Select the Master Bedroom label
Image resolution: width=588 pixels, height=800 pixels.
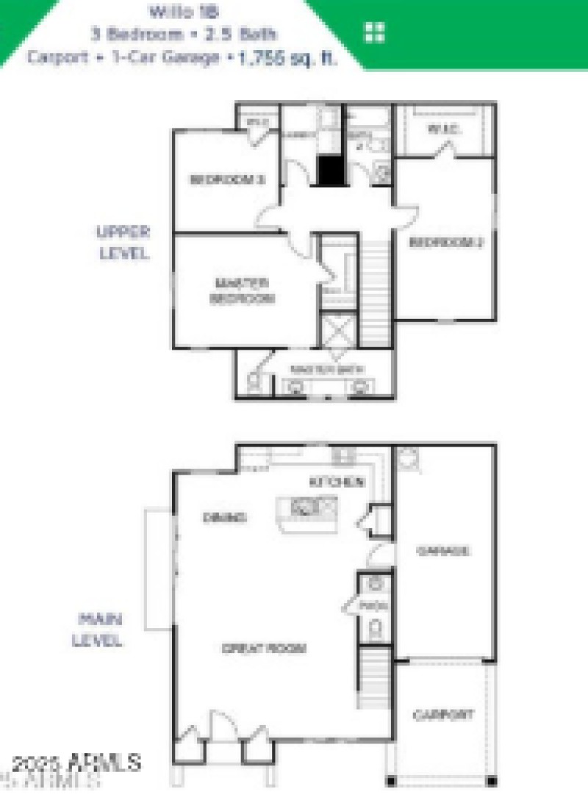[242, 291]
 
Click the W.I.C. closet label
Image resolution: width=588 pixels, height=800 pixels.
[443, 129]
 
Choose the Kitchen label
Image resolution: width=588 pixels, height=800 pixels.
[337, 482]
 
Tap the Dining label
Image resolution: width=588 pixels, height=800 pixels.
[224, 517]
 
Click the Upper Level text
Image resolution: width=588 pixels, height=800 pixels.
[123, 242]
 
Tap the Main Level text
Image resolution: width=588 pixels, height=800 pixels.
[97, 629]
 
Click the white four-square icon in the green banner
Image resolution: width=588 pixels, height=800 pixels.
[375, 32]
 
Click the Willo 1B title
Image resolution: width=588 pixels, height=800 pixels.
[183, 11]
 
